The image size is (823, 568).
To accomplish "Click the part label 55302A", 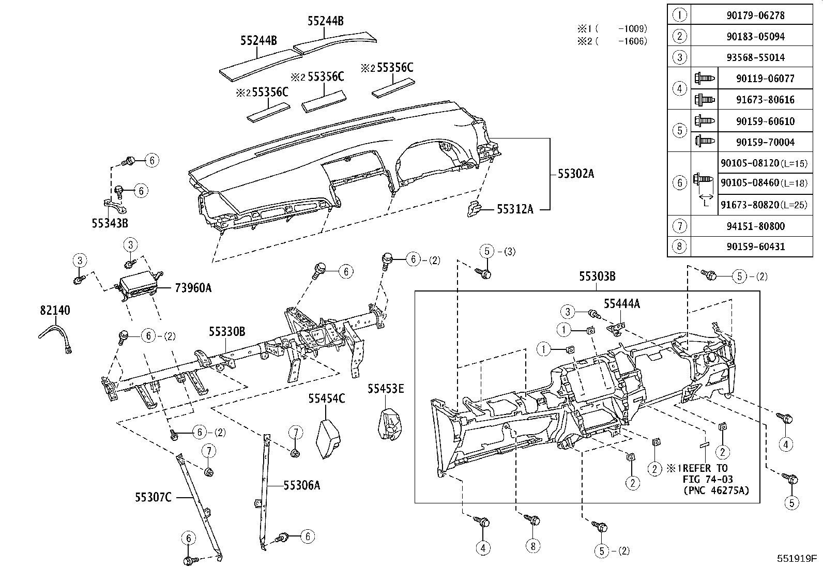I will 575,174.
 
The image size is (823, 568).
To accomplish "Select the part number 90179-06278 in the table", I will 755,16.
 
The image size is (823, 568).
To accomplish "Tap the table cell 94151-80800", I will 755,226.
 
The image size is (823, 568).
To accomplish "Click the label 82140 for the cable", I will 55,310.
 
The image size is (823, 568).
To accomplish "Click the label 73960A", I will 193,288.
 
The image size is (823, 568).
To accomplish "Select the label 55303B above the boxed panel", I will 597,277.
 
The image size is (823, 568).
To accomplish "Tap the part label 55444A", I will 621,304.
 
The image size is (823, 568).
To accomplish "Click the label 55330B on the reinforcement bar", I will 227,331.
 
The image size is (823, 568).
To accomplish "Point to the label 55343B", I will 110,223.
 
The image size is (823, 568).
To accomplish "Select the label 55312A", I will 514,209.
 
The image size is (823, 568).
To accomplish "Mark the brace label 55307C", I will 153,497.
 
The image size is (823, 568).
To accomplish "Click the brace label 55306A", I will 302,485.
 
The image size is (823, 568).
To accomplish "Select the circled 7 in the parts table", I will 679,226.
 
